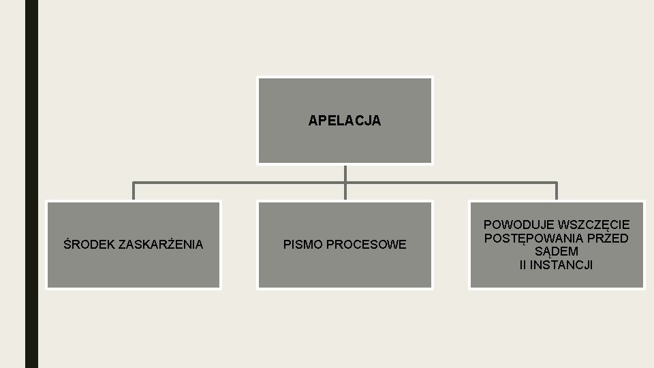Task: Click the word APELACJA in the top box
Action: click(x=345, y=121)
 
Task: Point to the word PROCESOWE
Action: click(x=366, y=244)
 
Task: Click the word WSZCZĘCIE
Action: click(x=594, y=224)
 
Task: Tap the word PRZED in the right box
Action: click(x=608, y=238)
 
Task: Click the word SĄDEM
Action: click(x=557, y=251)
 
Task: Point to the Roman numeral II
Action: click(x=523, y=264)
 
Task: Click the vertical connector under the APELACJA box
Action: click(x=345, y=173)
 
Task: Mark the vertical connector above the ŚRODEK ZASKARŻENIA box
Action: click(x=134, y=191)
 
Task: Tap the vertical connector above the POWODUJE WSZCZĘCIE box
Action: click(x=557, y=191)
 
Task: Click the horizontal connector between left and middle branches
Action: click(x=238, y=183)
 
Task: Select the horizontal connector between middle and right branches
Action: click(x=450, y=183)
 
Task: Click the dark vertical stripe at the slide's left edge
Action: click(x=31, y=184)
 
